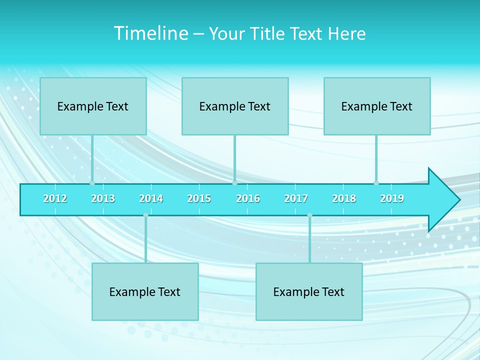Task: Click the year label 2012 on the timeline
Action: click(x=55, y=198)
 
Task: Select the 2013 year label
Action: click(x=103, y=198)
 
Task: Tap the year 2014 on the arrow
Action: click(x=151, y=198)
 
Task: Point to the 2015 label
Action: click(x=199, y=198)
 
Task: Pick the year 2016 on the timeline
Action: click(x=248, y=198)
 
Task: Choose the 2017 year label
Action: click(x=296, y=198)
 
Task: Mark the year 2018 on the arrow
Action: click(x=344, y=198)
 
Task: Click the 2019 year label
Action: click(x=392, y=198)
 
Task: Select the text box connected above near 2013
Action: click(x=93, y=106)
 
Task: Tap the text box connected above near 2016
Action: click(x=235, y=106)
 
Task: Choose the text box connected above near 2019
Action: click(x=377, y=106)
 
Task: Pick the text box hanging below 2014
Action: click(x=145, y=291)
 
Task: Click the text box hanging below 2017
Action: click(x=309, y=291)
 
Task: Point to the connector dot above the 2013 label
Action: click(x=92, y=183)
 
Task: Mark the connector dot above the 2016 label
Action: click(x=234, y=183)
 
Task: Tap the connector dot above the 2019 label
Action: click(x=376, y=183)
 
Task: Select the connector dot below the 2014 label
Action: click(x=145, y=215)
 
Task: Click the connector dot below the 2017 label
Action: click(x=309, y=215)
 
